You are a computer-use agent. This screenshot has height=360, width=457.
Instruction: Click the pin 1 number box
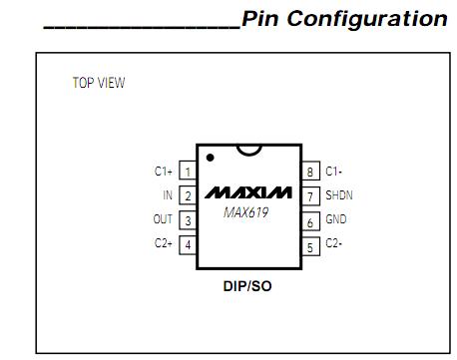pos(188,172)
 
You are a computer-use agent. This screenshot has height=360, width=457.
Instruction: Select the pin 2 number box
pos(188,195)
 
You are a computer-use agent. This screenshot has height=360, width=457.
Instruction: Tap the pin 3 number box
pos(188,220)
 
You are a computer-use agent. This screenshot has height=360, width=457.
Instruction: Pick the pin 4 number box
pos(188,244)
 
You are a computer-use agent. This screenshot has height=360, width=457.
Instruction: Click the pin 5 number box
pos(311,245)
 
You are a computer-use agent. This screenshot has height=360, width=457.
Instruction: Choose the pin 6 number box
pos(311,221)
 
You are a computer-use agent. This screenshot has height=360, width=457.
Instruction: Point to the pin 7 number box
pos(311,195)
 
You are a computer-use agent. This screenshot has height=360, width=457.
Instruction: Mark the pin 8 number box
pos(311,172)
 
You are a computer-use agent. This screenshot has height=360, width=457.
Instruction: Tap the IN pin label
pos(167,195)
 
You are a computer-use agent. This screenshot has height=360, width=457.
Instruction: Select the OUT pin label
pos(162,220)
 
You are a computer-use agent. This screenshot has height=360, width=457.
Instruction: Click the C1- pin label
pos(335,172)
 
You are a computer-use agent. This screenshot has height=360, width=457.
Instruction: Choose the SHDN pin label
pos(339,195)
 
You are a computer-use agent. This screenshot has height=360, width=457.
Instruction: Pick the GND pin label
pos(336,220)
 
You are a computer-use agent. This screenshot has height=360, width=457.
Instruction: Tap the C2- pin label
pos(335,245)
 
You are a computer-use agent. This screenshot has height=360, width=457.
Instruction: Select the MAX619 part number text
pos(244,212)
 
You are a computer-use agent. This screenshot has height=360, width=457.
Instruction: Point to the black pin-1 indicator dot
pos(211,158)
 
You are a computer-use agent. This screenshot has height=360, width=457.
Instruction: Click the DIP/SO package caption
pos(248,286)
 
